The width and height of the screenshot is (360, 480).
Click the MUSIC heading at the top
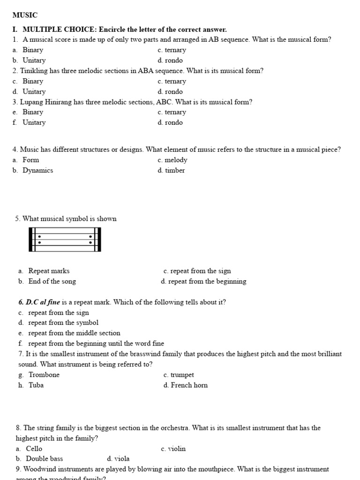pos(25,15)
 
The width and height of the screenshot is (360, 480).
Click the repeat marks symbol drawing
pos(65,240)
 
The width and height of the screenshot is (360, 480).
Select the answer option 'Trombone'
pos(44,375)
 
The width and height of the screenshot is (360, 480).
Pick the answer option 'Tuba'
pos(36,385)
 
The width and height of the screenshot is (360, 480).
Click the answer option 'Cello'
pos(34,449)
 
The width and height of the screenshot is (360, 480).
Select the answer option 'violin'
pos(177,449)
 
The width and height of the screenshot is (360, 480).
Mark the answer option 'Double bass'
pos(44,459)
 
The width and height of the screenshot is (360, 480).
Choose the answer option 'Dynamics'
pos(37,171)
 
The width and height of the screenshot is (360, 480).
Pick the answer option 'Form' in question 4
pos(30,160)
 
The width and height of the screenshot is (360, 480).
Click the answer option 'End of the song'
pos(52,282)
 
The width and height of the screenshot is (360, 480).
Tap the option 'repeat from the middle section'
pos(74,333)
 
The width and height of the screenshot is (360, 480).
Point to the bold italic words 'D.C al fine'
pos(39,302)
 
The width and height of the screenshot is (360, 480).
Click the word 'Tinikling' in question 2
pos(34,71)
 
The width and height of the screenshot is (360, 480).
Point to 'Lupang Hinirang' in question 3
pos(43,102)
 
